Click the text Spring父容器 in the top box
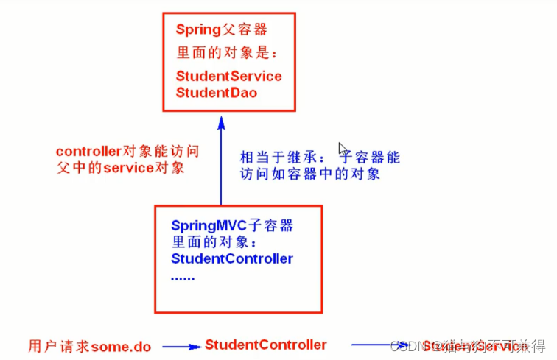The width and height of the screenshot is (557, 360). click(x=221, y=30)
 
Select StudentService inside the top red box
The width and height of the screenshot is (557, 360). click(x=228, y=76)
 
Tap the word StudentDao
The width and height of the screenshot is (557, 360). click(x=217, y=93)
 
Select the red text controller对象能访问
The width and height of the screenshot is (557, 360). click(x=127, y=151)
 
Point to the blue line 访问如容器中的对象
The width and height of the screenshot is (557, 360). click(x=310, y=174)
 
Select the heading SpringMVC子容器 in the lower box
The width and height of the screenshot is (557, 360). click(x=232, y=225)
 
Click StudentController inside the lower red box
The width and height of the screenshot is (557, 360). click(x=232, y=258)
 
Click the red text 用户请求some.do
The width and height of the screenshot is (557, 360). click(x=90, y=345)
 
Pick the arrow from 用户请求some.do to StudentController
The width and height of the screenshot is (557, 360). click(x=181, y=346)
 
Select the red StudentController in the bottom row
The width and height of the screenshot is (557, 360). click(x=265, y=345)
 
